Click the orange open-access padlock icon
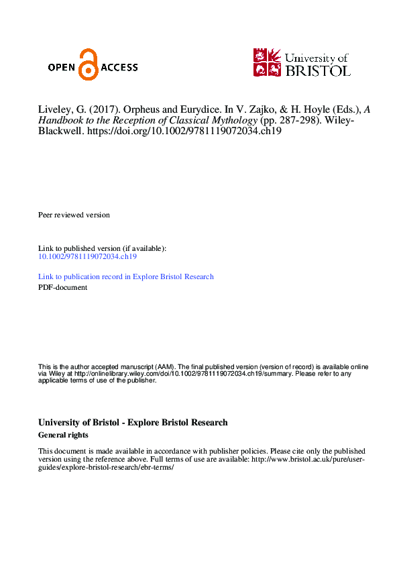tap(88, 65)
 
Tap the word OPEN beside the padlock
tap(62, 67)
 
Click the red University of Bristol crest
tap(267, 62)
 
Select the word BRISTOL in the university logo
tap(318, 69)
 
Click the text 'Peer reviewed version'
tap(74, 215)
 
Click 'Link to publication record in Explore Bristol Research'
tap(126, 276)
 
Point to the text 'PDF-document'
tap(62, 287)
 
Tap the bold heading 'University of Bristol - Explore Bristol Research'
tap(133, 423)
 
